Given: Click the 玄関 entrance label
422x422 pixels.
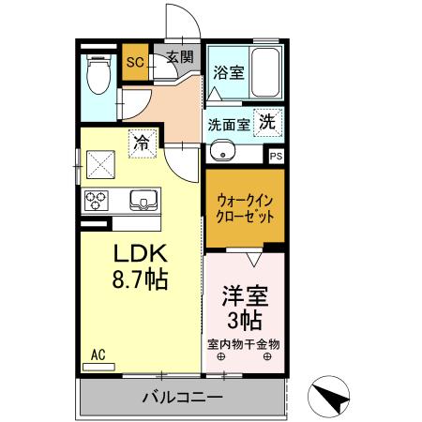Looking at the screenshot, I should (x=180, y=58).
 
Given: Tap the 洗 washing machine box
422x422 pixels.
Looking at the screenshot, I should (x=268, y=121).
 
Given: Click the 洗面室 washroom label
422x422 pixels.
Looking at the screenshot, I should (x=228, y=123).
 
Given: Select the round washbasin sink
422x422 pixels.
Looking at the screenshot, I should (x=223, y=154).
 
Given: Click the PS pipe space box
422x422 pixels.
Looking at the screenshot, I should (x=276, y=158).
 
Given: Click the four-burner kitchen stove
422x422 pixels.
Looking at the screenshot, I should (x=97, y=199).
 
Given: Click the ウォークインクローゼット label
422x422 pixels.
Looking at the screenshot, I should (x=245, y=207).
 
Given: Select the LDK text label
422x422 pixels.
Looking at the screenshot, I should (x=141, y=253).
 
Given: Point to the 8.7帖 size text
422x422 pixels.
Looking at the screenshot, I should (x=141, y=279).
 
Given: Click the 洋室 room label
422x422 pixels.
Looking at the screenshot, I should (x=245, y=299).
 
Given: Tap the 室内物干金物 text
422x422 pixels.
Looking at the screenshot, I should (x=244, y=343).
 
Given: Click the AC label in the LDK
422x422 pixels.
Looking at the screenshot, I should (x=98, y=355).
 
